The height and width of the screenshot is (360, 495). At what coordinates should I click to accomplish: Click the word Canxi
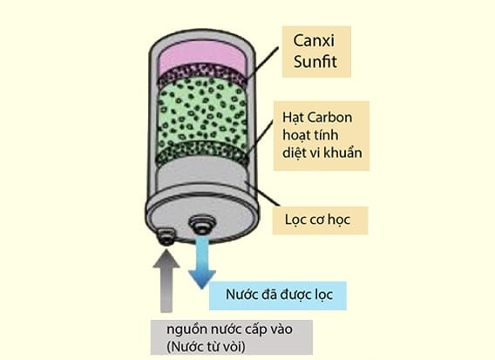[x=313, y=40]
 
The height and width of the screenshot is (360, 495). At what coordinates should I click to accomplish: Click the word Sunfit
[x=315, y=62]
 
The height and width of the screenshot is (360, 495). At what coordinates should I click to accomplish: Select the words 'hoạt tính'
[x=310, y=135]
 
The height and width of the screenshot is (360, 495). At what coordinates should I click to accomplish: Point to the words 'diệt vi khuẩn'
[x=322, y=153]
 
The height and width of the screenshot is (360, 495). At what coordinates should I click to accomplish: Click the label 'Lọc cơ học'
[x=317, y=220]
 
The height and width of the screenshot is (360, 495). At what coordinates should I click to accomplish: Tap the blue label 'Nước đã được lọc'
[x=280, y=295]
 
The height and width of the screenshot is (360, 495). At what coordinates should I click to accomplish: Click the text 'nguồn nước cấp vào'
[x=229, y=330]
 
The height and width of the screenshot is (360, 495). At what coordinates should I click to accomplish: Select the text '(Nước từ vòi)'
[x=206, y=347]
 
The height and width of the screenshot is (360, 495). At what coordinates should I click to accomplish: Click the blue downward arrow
[x=201, y=261]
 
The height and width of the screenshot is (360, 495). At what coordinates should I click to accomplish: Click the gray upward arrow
[x=166, y=280]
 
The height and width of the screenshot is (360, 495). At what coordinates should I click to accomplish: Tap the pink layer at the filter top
[x=203, y=56]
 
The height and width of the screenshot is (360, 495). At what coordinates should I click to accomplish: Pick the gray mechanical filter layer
[x=202, y=173]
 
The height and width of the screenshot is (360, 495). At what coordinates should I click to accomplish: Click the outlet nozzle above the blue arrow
[x=202, y=224]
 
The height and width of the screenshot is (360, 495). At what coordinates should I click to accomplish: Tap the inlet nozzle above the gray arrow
[x=166, y=237]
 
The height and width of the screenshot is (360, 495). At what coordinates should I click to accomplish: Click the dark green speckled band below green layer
[x=202, y=152]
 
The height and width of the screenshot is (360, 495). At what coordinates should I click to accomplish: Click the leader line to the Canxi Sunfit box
[x=262, y=63]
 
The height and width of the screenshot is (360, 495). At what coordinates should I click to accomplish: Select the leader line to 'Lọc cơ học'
[x=263, y=194]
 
